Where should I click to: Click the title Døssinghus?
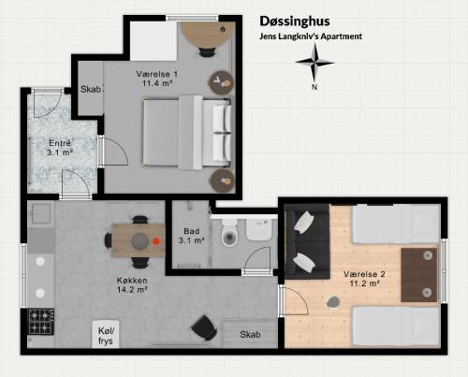pos(295,22)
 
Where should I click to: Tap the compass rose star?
pos(314,63)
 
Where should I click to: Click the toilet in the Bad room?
pos(229,232)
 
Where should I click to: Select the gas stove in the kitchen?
pos(41,321)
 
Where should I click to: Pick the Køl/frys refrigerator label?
pos(106,336)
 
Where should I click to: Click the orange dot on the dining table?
pos(156,240)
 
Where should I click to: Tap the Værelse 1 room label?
pos(157,79)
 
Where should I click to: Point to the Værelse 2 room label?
pos(364,279)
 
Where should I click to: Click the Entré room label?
pos(60,148)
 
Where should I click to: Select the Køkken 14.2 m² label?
pos(132,284)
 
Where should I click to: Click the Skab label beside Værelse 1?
pos(91,89)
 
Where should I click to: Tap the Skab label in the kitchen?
pos(250,334)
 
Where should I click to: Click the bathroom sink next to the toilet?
pos(258,229)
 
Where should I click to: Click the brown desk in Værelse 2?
pos(419,275)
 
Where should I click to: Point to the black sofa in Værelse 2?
pos(307,241)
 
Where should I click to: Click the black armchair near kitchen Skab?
pos(204,327)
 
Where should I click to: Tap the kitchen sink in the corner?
pos(40,213)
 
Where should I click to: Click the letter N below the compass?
pos(314,87)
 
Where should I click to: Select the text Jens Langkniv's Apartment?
pos(311,36)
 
